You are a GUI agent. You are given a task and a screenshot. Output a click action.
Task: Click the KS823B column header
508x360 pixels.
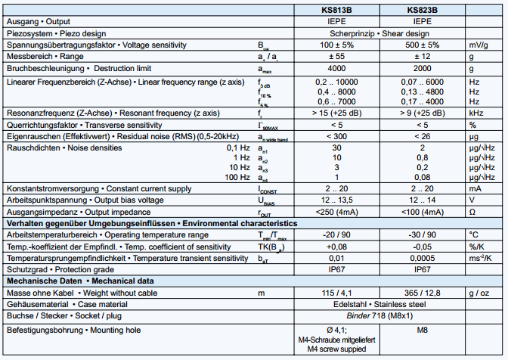click(422, 11)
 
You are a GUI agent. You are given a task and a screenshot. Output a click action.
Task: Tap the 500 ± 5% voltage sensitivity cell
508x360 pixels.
click(422, 45)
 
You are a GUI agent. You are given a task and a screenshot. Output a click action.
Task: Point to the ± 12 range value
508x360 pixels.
click(422, 57)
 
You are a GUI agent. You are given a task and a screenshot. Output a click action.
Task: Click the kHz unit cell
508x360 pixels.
click(475, 113)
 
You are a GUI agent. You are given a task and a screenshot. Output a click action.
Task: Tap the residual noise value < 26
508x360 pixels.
click(422, 136)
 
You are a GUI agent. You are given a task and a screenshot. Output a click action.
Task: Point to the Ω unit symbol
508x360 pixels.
click(472, 213)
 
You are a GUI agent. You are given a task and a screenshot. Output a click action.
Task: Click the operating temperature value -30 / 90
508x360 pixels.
click(422, 235)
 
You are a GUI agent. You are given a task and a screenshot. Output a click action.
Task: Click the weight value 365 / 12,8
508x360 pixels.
click(422, 293)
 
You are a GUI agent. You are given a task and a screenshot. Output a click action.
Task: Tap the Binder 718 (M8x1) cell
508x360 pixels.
click(379, 316)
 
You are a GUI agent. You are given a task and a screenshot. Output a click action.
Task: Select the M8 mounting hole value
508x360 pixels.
click(422, 331)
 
